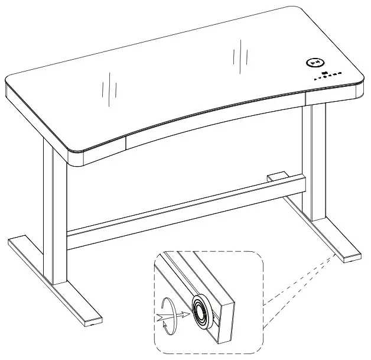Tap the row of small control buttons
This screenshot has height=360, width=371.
[328, 75]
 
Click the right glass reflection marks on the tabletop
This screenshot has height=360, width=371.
[239, 57]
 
